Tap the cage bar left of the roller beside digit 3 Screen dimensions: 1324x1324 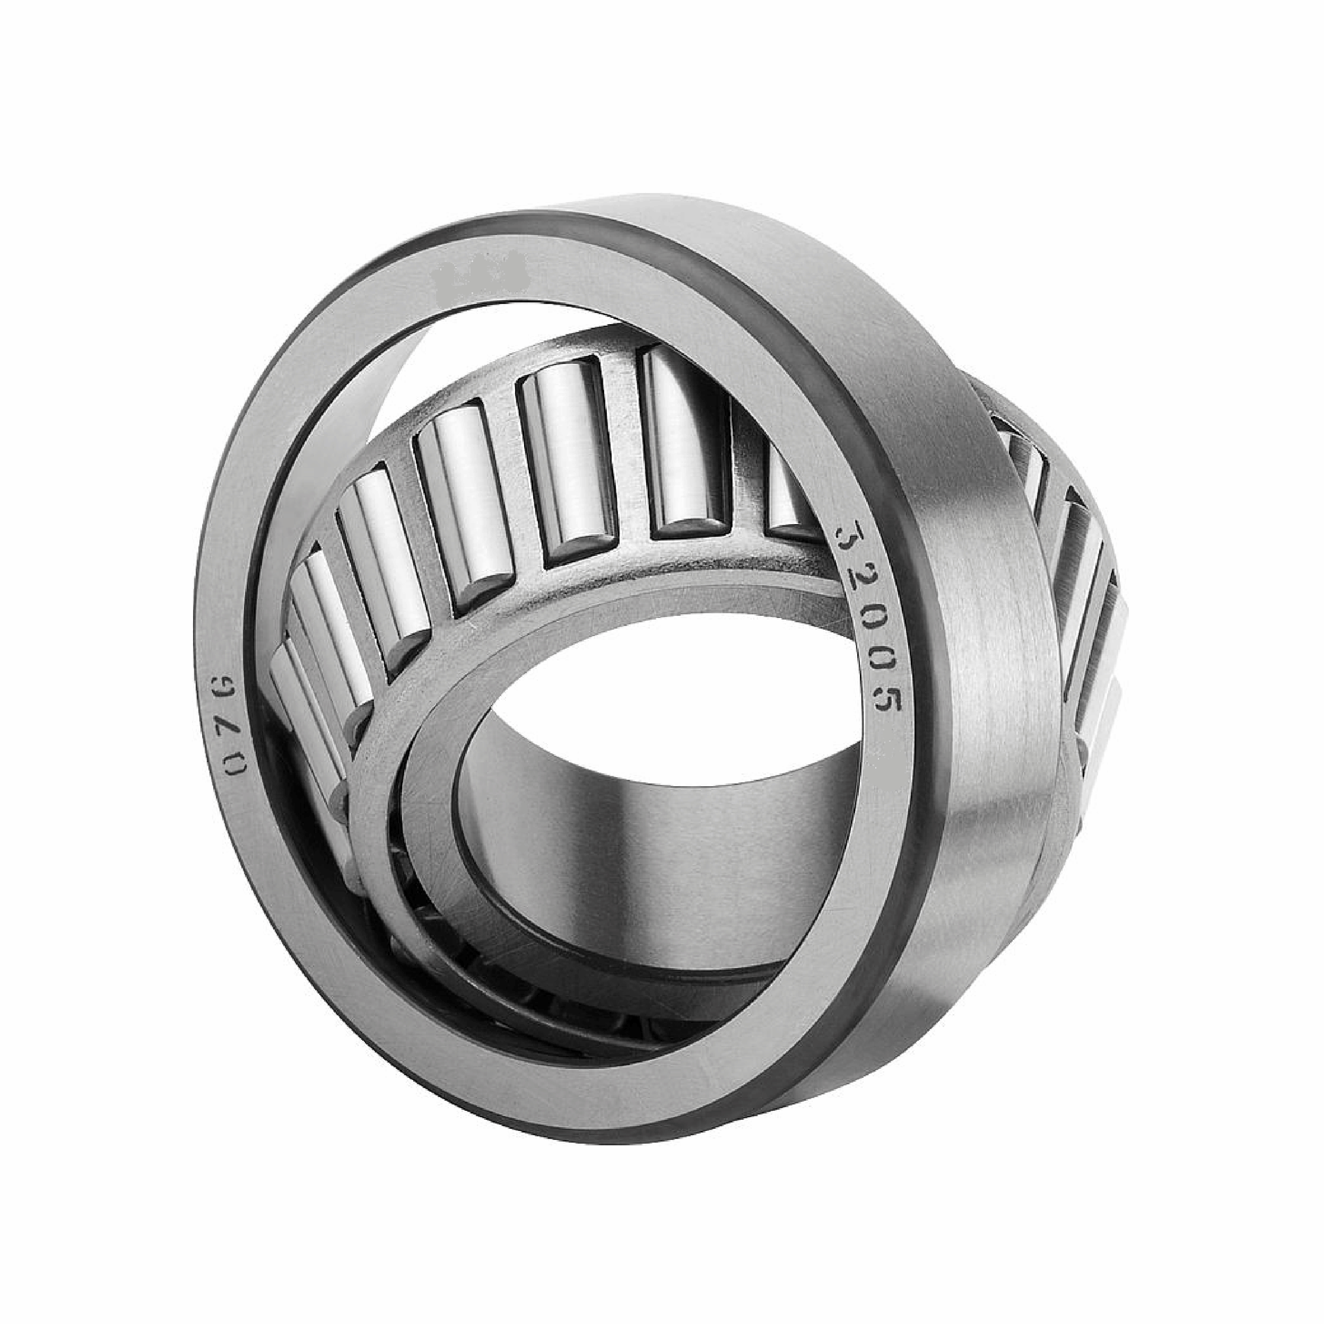(x=748, y=483)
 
